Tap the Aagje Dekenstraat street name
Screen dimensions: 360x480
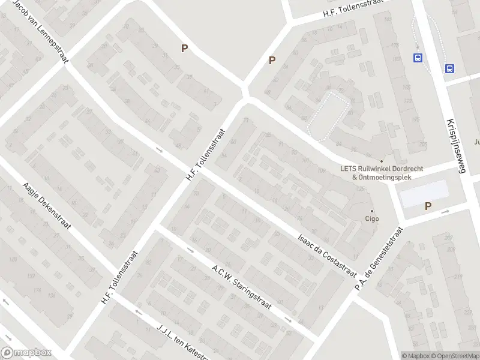pos(47,206)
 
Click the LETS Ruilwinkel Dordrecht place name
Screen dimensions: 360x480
pos(382,169)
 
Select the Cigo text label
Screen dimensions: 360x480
pos(372,219)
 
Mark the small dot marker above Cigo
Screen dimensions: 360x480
pos(372,211)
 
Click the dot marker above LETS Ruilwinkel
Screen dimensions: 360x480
pos(381,161)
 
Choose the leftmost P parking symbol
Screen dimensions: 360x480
pos(185,49)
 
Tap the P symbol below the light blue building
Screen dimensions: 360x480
pos(428,206)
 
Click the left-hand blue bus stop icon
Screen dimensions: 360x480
pos(417,58)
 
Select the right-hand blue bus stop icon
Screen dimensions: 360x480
pos(449,68)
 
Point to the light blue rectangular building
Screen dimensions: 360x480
pos(424,193)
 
